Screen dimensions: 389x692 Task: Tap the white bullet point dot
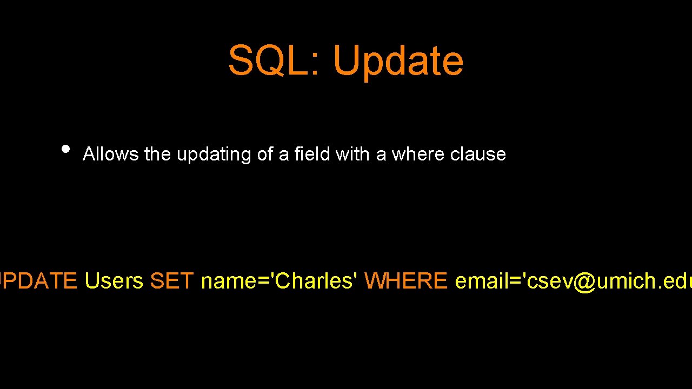pyautogui.click(x=66, y=149)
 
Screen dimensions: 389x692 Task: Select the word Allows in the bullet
pyautogui.click(x=111, y=155)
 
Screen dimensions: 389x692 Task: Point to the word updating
pyautogui.click(x=214, y=155)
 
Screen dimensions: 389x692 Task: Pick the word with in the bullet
pyautogui.click(x=353, y=155)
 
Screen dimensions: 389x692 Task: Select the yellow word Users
pyautogui.click(x=114, y=281)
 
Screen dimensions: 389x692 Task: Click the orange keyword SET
pyautogui.click(x=171, y=281)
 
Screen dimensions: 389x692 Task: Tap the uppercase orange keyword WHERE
pyautogui.click(x=405, y=281)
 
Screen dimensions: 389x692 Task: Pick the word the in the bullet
pyautogui.click(x=158, y=155)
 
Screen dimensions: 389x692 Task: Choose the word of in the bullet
pyautogui.click(x=265, y=155)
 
